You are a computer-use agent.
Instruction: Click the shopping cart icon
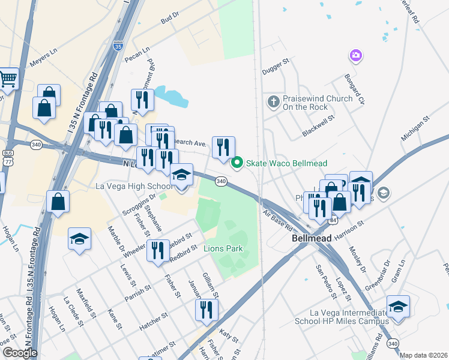click(7, 78)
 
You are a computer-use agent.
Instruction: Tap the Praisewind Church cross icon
click(273, 101)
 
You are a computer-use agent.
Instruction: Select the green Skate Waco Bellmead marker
click(237, 162)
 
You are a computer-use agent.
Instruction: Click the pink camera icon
click(355, 56)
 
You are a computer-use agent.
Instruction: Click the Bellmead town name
click(311, 238)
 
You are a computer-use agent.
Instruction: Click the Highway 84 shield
click(332, 221)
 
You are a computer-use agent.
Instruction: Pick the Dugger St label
click(276, 67)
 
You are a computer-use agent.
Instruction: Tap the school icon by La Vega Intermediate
click(398, 306)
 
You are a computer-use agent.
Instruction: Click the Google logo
click(20, 353)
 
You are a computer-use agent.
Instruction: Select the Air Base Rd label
click(277, 221)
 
